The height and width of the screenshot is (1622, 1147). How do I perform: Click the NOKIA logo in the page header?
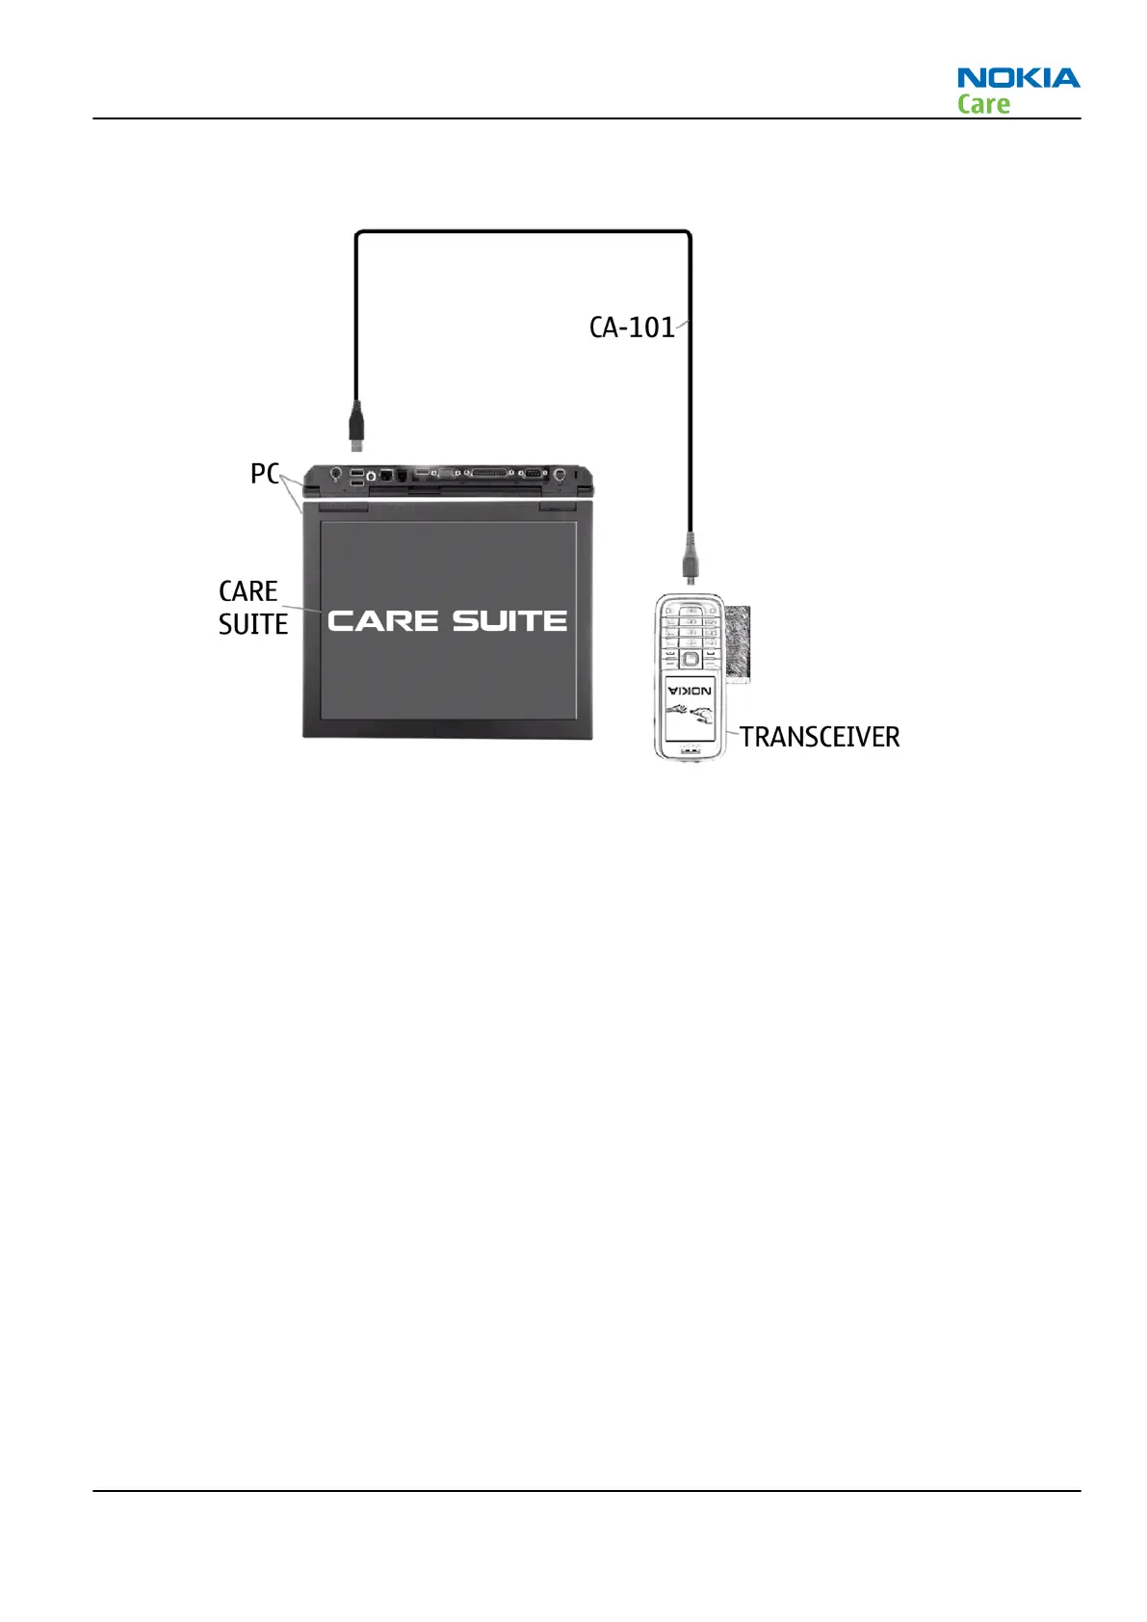1018,77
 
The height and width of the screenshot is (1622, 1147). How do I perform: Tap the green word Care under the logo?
983,104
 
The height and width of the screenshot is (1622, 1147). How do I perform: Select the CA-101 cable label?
632,327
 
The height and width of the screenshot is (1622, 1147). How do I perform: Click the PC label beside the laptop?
264,474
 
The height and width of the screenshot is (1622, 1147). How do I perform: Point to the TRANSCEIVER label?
820,737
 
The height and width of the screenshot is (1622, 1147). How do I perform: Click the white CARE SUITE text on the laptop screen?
447,621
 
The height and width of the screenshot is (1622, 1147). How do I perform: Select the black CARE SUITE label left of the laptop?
252,608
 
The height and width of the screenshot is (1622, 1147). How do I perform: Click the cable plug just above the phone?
690,560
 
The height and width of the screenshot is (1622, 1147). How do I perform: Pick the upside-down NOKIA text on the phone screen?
690,690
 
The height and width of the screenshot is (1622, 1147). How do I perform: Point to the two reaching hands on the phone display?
690,717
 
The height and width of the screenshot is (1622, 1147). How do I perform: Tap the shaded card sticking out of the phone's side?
739,642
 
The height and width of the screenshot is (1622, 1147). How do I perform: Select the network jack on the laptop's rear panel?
386,475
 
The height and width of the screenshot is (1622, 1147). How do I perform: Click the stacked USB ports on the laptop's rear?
357,477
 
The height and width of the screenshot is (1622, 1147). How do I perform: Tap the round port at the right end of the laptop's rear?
560,475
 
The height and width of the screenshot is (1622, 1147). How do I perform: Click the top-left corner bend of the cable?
359,234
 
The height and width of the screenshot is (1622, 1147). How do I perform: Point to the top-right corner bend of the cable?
688,234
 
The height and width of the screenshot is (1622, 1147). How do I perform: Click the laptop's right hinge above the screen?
558,506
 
